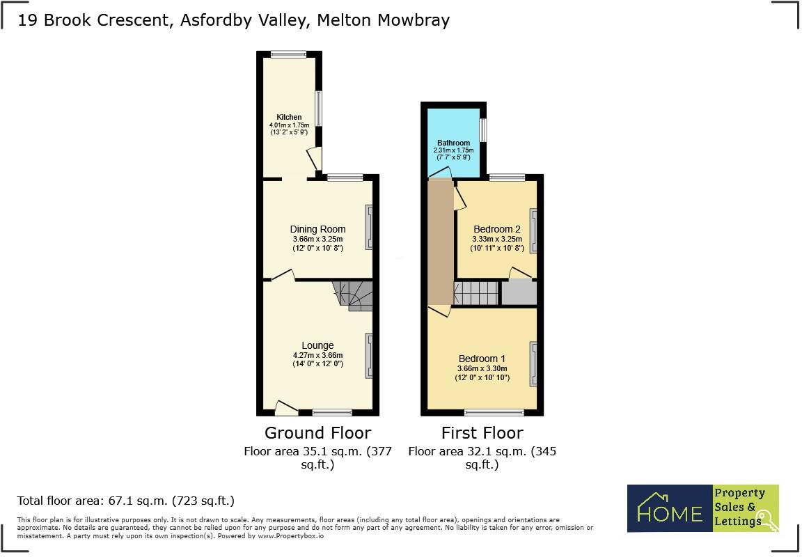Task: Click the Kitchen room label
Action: click(289, 117)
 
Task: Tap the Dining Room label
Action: click(317, 229)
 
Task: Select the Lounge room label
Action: click(317, 345)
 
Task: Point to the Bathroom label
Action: click(453, 143)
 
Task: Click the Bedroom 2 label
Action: click(496, 229)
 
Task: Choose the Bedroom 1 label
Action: click(482, 359)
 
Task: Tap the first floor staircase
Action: click(477, 293)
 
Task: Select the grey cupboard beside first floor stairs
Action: click(519, 293)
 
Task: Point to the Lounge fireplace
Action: click(368, 356)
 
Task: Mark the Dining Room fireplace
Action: click(368, 229)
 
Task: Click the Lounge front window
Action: click(332, 411)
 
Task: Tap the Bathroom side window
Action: click(482, 130)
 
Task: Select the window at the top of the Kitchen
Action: click(288, 53)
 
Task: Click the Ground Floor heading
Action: click(317, 432)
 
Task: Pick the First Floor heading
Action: click(482, 432)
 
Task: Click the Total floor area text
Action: click(125, 500)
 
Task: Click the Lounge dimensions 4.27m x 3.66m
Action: click(317, 355)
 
